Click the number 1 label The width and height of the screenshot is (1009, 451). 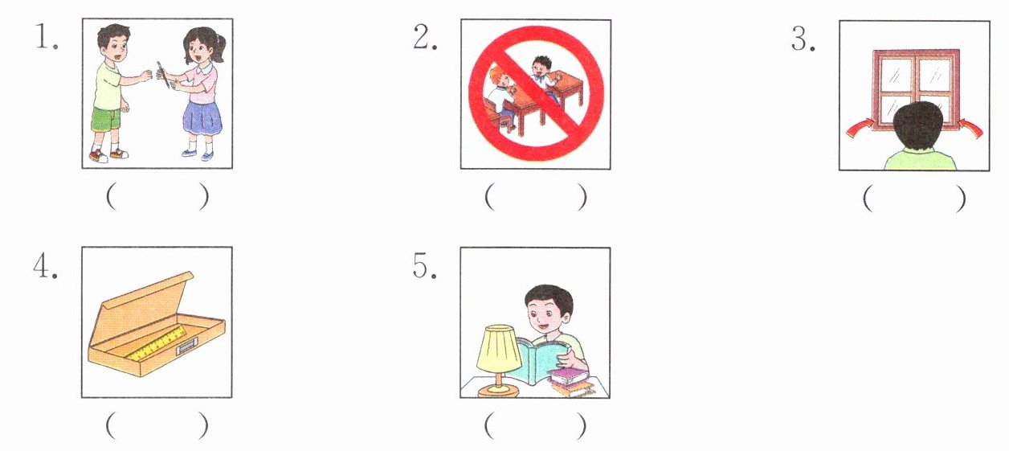pos(47,36)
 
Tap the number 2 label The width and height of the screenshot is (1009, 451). pos(425,36)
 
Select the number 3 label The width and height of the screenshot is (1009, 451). pos(803,39)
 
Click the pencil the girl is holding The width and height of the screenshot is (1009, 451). pos(162,75)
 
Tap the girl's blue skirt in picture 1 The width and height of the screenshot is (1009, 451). pos(202,117)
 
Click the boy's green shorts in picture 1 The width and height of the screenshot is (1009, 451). pos(107,119)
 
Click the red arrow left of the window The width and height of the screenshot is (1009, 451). pos(860,128)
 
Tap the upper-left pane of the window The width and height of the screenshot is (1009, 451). pos(895,76)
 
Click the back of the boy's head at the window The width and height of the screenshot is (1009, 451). pos(917,126)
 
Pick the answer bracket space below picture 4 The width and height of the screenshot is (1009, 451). pos(157,424)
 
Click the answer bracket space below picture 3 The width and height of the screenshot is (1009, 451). pos(914,199)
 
